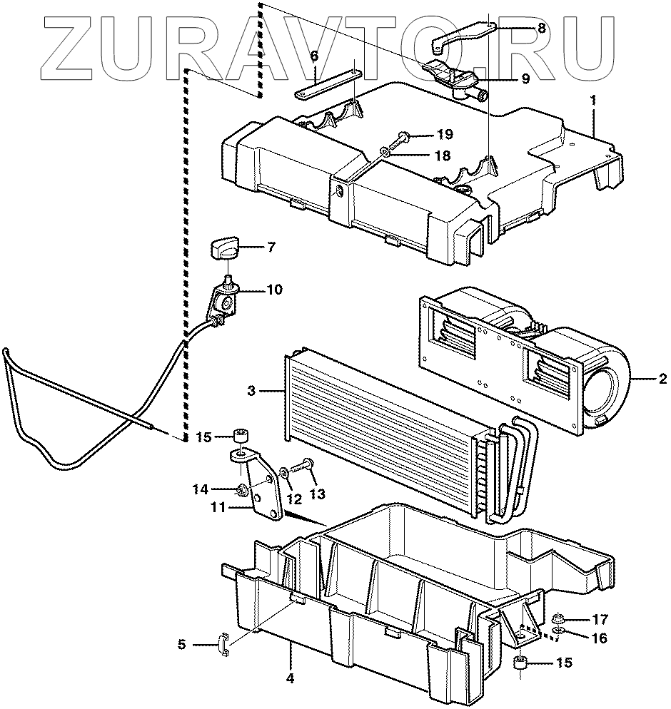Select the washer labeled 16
559,632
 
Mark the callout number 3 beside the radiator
251,390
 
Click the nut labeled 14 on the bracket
243,489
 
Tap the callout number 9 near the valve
525,79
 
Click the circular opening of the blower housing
604,389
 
